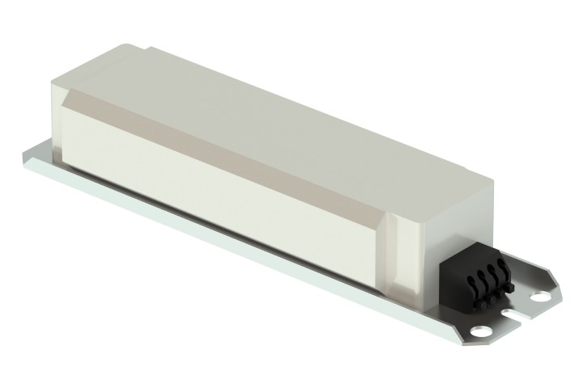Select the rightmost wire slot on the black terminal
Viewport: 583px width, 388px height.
click(501, 266)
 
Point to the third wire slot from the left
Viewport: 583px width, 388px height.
click(491, 270)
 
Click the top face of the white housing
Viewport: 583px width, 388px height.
click(267, 113)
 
